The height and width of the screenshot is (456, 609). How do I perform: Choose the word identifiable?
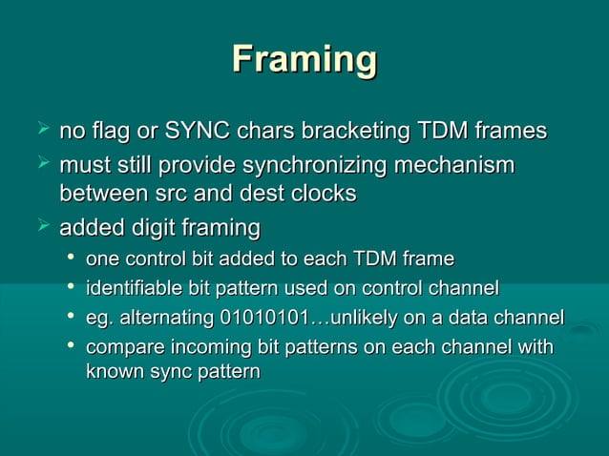tap(136, 287)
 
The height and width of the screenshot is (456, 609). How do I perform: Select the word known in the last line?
tap(113, 371)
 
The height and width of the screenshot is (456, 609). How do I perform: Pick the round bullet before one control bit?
tap(70, 259)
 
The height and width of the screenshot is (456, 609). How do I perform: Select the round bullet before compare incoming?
tap(70, 346)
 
